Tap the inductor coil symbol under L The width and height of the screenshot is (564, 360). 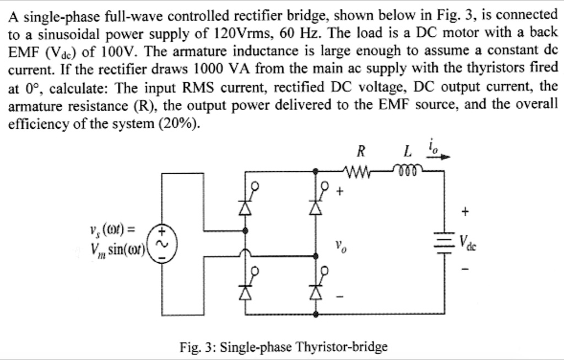point(408,171)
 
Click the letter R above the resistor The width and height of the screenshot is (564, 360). point(360,149)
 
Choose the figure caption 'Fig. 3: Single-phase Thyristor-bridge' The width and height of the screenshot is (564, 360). point(283,347)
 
